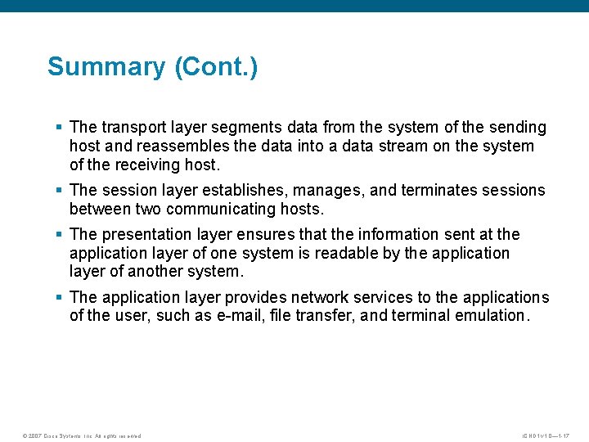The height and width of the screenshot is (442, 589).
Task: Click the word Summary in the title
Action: coord(106,66)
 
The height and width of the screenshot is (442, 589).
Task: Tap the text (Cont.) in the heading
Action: coord(216,66)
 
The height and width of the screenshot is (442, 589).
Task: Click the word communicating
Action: coord(215,210)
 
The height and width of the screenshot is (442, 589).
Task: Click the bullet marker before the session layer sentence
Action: coord(59,191)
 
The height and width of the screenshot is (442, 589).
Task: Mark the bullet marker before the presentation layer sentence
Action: coord(59,235)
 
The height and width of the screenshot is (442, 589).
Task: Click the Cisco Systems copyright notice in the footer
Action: coord(82,435)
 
